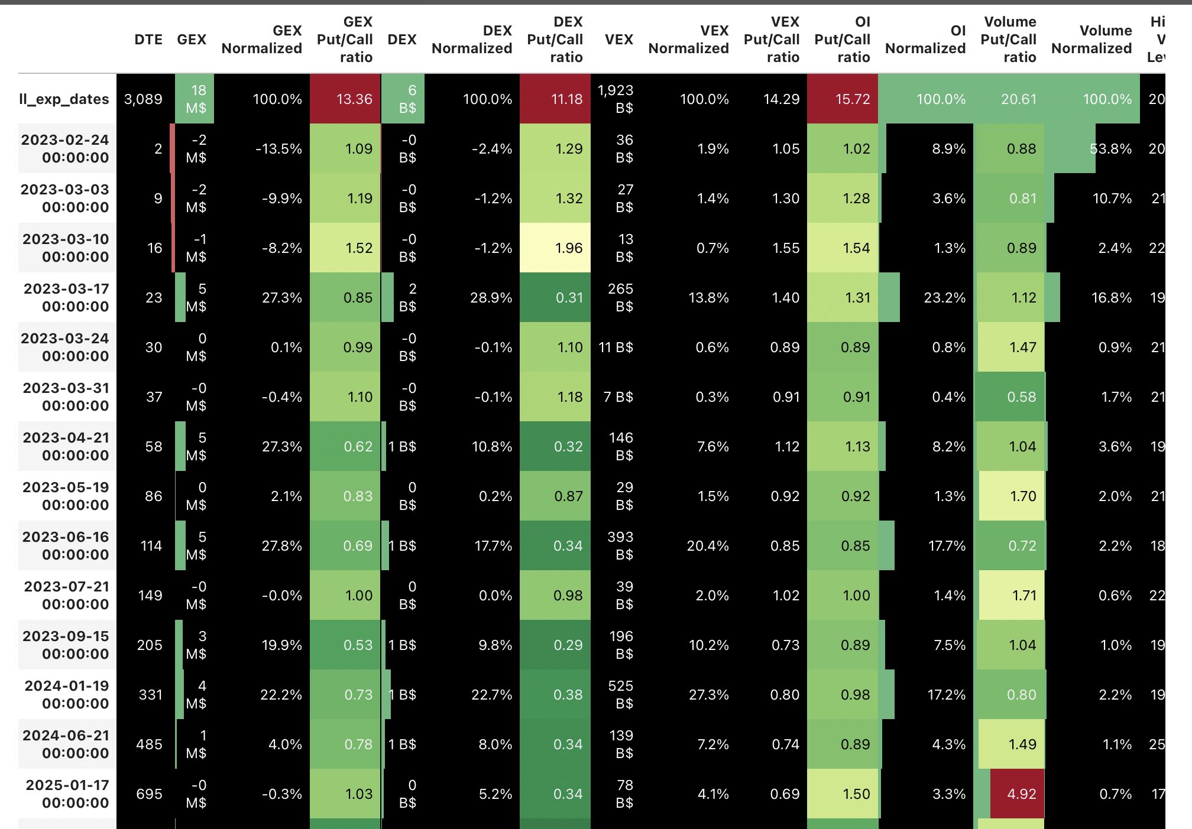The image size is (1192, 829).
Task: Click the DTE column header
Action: [148, 40]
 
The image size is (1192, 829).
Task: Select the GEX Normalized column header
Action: [262, 40]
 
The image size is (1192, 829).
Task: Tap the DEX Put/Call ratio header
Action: [555, 40]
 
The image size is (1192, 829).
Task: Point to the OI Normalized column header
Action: [925, 40]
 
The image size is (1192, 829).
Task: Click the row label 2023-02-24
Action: [65, 148]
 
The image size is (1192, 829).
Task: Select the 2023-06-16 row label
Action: [65, 545]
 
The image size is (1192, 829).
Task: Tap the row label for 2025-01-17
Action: [67, 794]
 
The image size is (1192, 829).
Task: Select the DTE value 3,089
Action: [143, 99]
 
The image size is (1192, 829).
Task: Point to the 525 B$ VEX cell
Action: [620, 694]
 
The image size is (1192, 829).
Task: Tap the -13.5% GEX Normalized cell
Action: [278, 149]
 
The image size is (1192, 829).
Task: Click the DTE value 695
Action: [149, 794]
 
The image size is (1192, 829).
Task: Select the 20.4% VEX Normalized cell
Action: [708, 545]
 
